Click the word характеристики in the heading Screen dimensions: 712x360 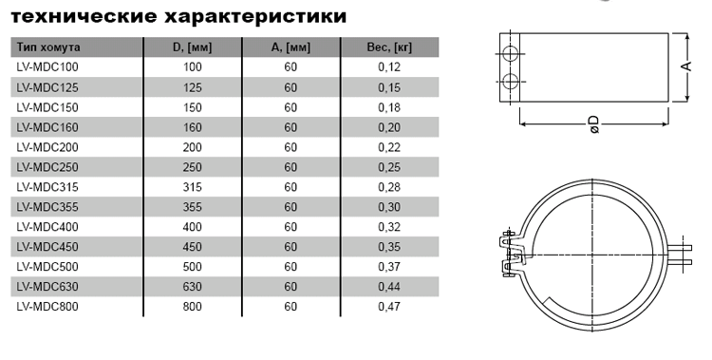pyautogui.click(x=254, y=16)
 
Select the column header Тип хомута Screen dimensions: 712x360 pyautogui.click(x=48, y=47)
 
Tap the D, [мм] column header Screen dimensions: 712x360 pyautogui.click(x=192, y=47)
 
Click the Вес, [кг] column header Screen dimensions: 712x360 pyautogui.click(x=389, y=47)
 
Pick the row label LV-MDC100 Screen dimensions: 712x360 pyautogui.click(x=47, y=67)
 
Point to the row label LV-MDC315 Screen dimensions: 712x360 pyautogui.click(x=47, y=187)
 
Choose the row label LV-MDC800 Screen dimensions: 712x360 pyautogui.click(x=47, y=307)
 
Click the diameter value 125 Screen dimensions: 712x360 pyautogui.click(x=192, y=87)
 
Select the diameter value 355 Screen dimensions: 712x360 pyautogui.click(x=192, y=207)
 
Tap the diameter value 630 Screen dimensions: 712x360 pyautogui.click(x=192, y=286)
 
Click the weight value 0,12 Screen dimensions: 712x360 pyautogui.click(x=389, y=67)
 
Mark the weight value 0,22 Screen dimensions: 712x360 pyautogui.click(x=389, y=147)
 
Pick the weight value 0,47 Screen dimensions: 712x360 pyautogui.click(x=389, y=307)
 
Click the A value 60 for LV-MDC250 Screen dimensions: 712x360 pyautogui.click(x=290, y=167)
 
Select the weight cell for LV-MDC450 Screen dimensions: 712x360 pyautogui.click(x=389, y=247)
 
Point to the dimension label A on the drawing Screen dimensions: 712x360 pyautogui.click(x=687, y=66)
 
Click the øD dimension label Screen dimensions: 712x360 pyautogui.click(x=594, y=124)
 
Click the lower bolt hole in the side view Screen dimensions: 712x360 pyautogui.click(x=511, y=82)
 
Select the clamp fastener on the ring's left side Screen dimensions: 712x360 pyautogui.click(x=511, y=255)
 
